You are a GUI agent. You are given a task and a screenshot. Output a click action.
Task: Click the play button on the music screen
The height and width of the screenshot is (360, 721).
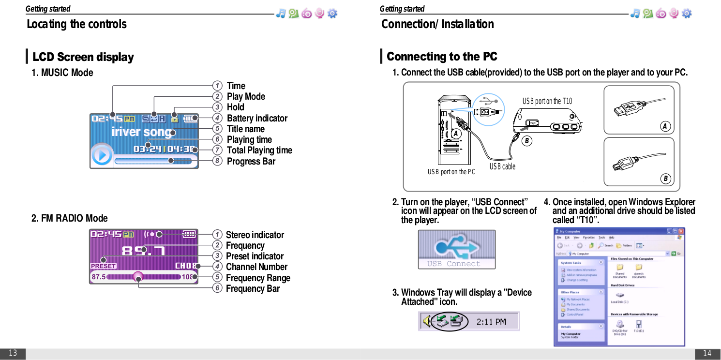click(102, 155)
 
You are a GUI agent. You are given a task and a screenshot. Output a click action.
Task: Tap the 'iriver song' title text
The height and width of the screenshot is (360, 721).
click(141, 132)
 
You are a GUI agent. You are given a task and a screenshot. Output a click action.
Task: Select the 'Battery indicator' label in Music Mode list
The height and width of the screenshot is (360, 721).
click(256, 118)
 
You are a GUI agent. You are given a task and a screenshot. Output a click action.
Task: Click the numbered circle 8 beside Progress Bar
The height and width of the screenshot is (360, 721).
click(218, 161)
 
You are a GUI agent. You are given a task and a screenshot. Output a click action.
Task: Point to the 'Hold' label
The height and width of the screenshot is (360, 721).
click(235, 107)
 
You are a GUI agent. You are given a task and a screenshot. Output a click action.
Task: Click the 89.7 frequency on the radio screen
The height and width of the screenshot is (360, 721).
click(143, 250)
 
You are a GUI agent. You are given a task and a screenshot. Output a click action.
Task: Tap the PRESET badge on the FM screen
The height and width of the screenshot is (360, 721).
click(104, 266)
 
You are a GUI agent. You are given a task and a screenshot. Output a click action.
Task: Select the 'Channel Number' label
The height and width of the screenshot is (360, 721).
click(256, 267)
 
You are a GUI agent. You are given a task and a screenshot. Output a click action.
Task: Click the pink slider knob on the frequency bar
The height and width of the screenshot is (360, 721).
click(138, 277)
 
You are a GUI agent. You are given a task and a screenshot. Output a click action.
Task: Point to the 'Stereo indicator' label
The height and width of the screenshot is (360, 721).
click(255, 235)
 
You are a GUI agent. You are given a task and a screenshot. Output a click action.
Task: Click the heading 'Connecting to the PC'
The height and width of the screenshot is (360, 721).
click(441, 57)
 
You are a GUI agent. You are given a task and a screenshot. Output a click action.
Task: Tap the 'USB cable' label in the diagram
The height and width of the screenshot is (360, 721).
click(502, 166)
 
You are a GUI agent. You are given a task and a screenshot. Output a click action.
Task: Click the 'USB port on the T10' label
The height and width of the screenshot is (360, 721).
click(547, 101)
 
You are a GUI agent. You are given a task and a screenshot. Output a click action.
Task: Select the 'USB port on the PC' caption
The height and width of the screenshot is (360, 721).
click(451, 172)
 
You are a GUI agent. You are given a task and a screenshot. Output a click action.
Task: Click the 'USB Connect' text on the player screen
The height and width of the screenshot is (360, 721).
click(453, 264)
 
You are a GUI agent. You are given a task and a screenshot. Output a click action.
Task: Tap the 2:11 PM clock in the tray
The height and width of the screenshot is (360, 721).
click(491, 321)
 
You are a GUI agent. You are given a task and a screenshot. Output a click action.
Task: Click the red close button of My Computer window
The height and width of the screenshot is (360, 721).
click(681, 231)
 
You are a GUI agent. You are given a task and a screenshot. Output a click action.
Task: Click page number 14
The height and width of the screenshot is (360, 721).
click(707, 353)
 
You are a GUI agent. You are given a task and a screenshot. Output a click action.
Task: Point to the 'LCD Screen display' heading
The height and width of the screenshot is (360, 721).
click(83, 57)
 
